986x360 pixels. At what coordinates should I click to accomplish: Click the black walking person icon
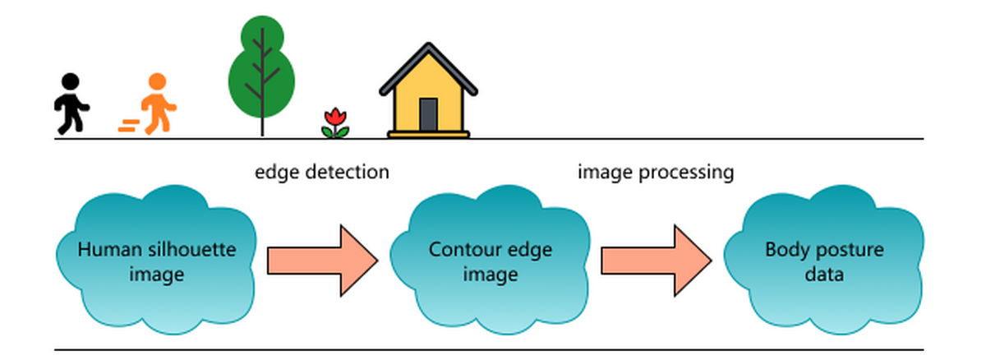pos(71,105)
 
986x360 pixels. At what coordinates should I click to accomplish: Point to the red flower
pos(334,122)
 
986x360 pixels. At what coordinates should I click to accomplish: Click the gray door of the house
pos(428,114)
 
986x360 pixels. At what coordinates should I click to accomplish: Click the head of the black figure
pos(71,82)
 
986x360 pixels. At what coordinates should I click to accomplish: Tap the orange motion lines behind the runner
pos(129,126)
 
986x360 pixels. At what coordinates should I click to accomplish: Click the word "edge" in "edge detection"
pos(274,173)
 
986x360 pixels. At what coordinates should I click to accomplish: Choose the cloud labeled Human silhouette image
pos(156,261)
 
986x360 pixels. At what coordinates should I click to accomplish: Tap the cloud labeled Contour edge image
pos(491,261)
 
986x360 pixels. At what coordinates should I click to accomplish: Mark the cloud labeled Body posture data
pos(824,261)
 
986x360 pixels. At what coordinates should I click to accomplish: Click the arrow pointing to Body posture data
pos(656,261)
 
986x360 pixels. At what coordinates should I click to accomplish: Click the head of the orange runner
pos(156,83)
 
